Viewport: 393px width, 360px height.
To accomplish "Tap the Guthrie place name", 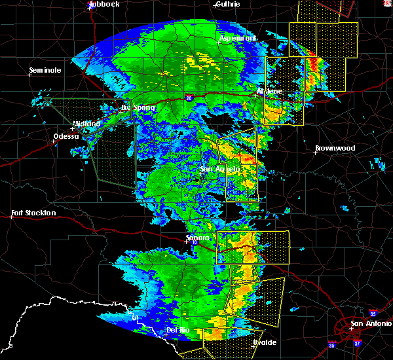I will click(227, 4).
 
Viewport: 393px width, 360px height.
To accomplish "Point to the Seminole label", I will click(45, 70).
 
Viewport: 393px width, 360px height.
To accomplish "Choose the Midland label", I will click(86, 124).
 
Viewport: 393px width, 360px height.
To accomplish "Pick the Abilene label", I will click(269, 91).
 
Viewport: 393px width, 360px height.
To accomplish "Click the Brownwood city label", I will click(335, 149).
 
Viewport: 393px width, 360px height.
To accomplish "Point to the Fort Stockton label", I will click(33, 213).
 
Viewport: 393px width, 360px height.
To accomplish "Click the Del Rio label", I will click(178, 330).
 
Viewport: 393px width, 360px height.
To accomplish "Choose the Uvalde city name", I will click(264, 342).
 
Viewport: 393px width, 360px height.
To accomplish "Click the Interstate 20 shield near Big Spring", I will click(189, 98).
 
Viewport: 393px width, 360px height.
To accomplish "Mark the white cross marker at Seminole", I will click(29, 75).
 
